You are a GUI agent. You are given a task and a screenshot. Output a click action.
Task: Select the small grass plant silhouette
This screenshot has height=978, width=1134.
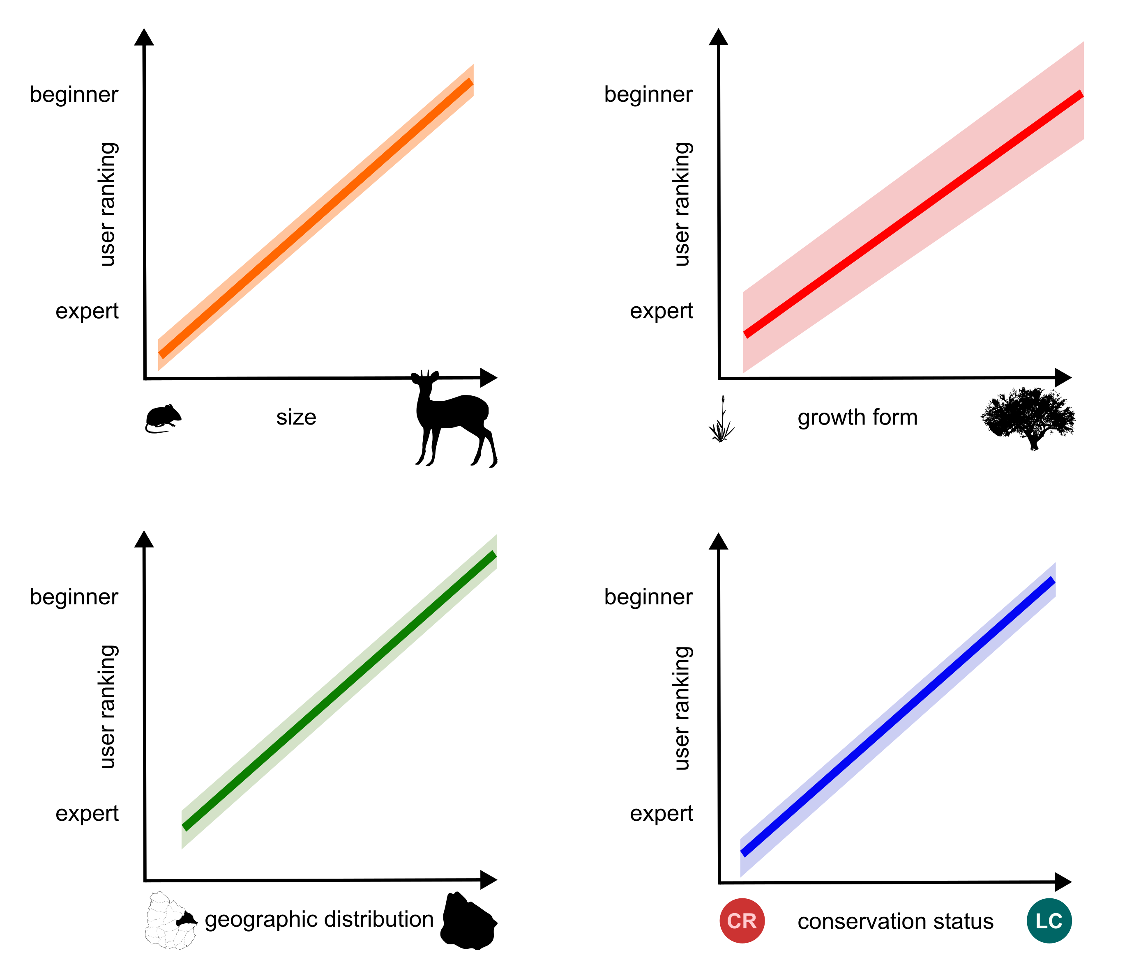722,421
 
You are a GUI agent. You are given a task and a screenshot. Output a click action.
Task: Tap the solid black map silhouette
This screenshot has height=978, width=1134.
468,922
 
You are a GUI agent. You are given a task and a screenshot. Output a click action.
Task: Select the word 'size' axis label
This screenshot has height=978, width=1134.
296,417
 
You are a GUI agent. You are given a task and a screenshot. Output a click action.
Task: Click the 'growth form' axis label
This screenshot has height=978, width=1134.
857,417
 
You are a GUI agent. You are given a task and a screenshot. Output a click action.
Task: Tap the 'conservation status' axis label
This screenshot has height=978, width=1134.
895,922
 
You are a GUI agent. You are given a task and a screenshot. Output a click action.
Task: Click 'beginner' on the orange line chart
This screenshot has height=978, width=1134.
74,94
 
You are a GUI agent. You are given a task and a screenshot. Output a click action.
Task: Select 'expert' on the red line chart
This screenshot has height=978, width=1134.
661,311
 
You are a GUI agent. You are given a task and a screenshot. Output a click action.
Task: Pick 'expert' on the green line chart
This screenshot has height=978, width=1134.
87,813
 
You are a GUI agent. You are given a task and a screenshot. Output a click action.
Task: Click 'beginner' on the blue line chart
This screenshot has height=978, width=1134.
648,597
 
